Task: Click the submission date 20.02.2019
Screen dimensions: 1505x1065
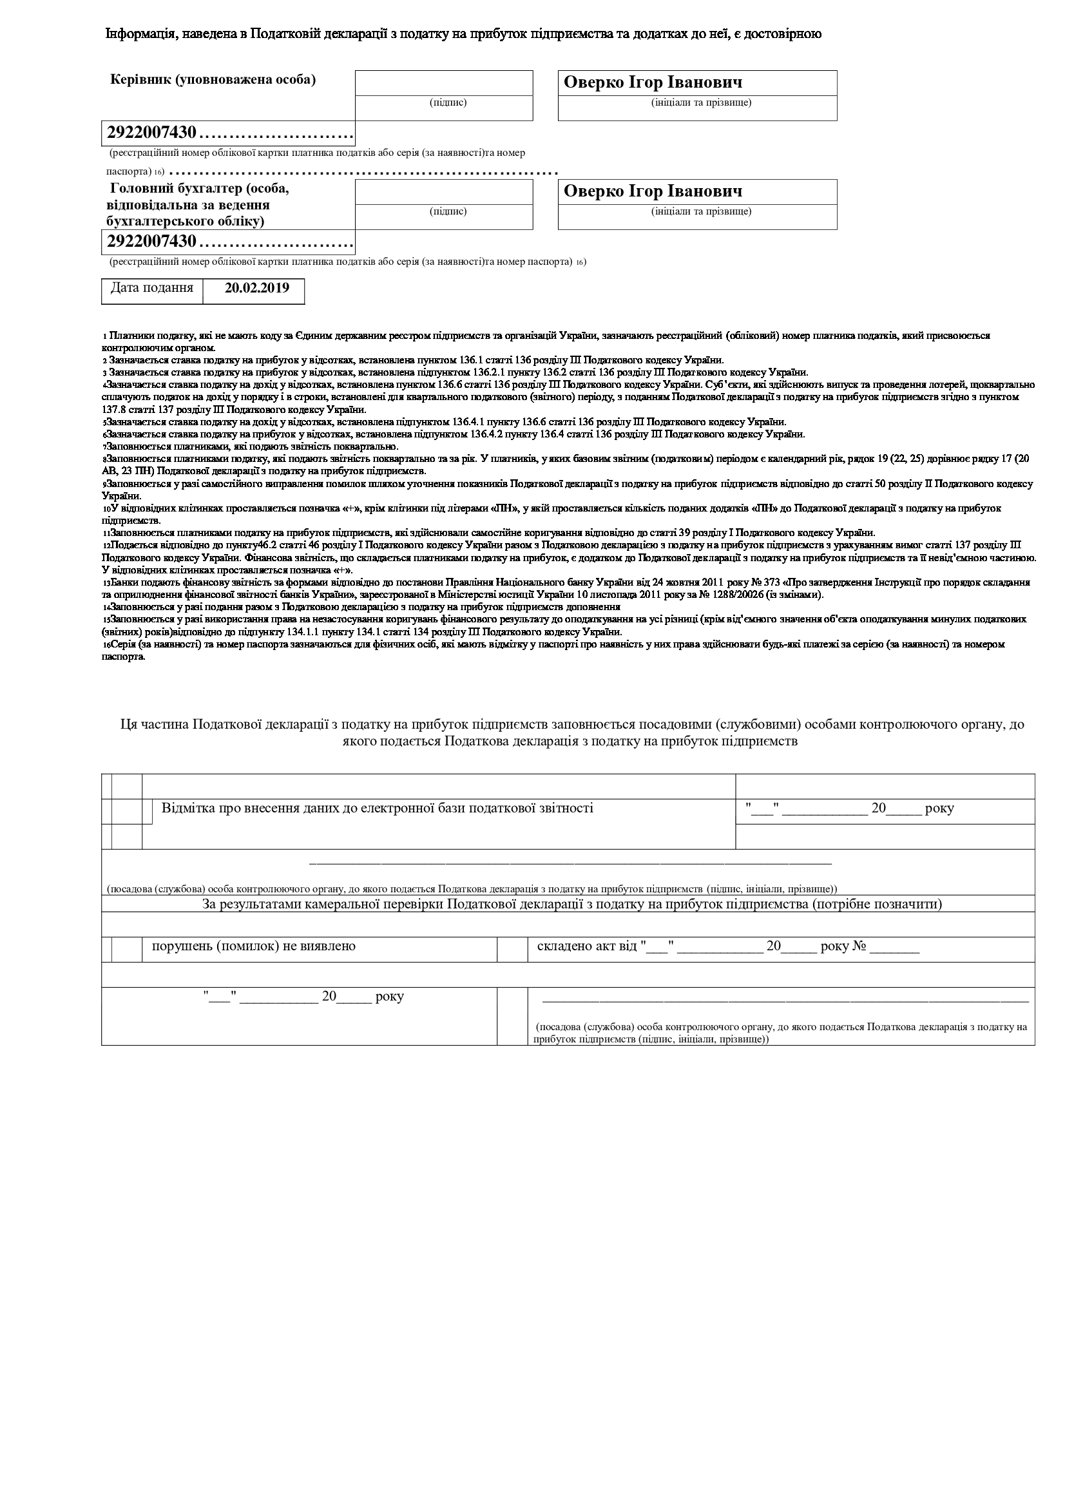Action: (x=256, y=288)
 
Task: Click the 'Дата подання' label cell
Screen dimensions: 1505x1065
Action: (x=151, y=288)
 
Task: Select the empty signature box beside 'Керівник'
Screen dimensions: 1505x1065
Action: (x=443, y=83)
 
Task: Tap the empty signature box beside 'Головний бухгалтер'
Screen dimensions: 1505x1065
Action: (x=443, y=192)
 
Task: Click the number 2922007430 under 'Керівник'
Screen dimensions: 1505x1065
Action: (x=151, y=133)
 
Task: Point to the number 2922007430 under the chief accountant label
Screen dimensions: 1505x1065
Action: (x=151, y=242)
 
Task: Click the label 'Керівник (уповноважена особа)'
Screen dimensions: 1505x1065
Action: (x=213, y=80)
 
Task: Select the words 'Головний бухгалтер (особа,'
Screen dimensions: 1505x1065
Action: (x=200, y=189)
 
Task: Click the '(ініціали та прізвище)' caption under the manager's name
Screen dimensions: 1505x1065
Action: (x=701, y=102)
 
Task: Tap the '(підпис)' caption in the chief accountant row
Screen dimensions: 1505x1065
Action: (x=448, y=211)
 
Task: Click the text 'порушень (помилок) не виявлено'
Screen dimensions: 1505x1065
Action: (x=254, y=946)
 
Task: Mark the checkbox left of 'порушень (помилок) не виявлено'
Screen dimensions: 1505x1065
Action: (x=126, y=950)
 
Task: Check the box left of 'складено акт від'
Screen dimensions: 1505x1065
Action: (x=512, y=950)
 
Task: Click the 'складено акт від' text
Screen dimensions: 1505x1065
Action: (x=587, y=946)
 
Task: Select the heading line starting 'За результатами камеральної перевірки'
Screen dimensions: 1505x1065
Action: (x=572, y=905)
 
